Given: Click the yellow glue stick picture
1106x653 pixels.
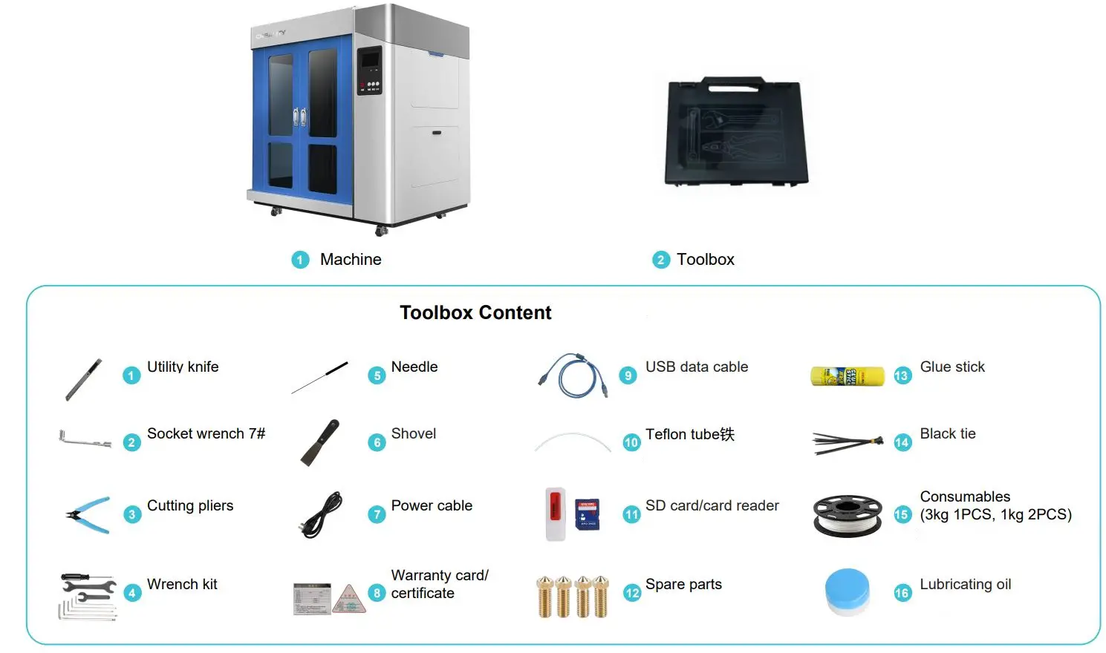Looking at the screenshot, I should [x=847, y=376].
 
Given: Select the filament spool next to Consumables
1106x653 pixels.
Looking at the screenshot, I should [x=848, y=515].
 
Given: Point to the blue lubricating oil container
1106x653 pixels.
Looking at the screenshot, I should [x=847, y=591].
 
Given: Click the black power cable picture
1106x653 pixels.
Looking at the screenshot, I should [x=322, y=514].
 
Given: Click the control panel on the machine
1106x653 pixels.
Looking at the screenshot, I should [x=369, y=70].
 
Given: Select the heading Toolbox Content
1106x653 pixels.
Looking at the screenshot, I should [x=475, y=312].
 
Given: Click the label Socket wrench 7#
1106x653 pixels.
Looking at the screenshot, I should [x=206, y=433].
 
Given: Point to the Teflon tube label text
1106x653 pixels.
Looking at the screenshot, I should [x=689, y=434].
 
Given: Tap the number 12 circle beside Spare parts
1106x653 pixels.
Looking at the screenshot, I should [x=631, y=592].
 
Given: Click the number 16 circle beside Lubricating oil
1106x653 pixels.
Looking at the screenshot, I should [x=902, y=592].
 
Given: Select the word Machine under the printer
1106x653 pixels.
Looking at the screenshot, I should [x=351, y=260].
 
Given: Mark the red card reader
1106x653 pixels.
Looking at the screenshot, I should [x=554, y=513].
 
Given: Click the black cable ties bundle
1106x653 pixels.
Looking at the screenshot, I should [x=848, y=443].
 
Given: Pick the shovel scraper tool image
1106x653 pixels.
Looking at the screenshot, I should [x=320, y=442].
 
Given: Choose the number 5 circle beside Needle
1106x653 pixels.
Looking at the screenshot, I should [x=377, y=375].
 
